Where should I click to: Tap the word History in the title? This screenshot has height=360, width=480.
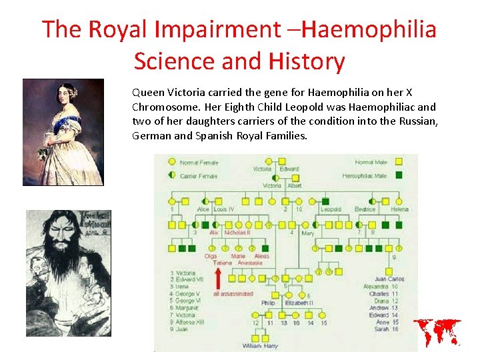(307, 61)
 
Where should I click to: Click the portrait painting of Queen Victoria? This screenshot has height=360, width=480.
(63, 132)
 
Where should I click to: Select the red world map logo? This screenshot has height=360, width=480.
(437, 332)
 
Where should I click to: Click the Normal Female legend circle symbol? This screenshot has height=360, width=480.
(172, 162)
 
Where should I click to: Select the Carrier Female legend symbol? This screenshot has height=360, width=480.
(172, 175)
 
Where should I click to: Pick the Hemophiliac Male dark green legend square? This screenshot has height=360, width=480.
(399, 175)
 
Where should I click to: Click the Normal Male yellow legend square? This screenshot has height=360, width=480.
(399, 162)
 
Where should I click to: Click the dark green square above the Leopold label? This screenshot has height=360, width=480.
(325, 201)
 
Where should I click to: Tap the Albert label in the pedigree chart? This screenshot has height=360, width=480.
(294, 186)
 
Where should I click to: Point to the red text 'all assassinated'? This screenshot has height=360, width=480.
(233, 293)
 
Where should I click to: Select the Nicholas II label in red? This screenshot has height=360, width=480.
(237, 233)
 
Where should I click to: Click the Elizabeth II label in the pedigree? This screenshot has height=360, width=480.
(299, 303)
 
